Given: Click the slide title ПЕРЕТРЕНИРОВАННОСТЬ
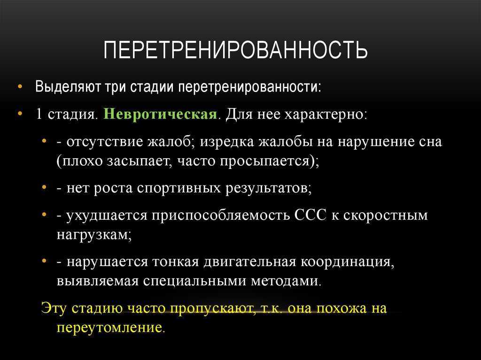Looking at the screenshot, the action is [235, 49].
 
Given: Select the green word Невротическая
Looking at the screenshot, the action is [160, 115].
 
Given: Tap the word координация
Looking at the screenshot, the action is [347, 262].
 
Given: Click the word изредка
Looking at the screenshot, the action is [227, 142].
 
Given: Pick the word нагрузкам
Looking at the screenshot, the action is [94, 235].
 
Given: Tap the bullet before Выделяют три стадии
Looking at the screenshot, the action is [20, 87].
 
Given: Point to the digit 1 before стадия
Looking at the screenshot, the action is [39, 115].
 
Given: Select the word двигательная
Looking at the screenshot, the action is [250, 262].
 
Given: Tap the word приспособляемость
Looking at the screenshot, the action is [221, 215].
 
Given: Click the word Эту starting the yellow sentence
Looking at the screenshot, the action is [54, 308].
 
